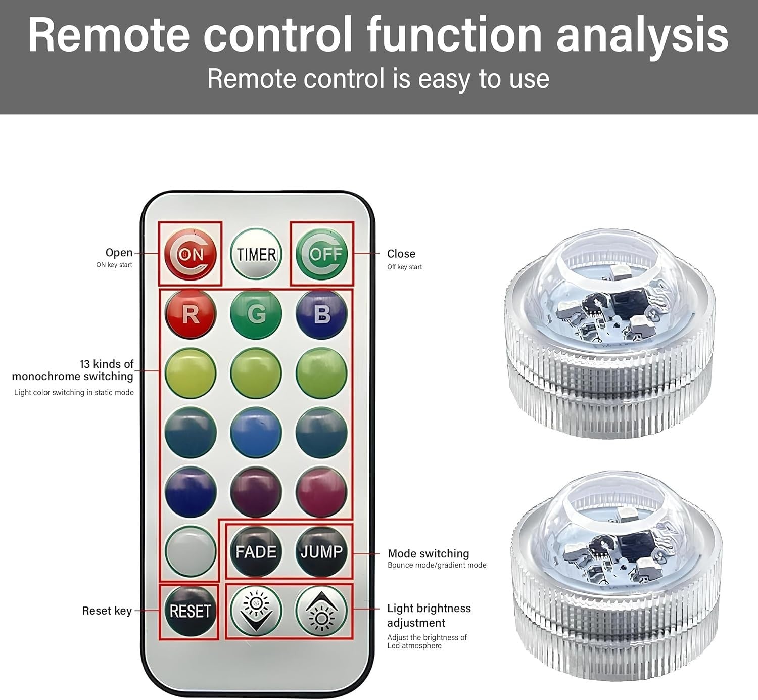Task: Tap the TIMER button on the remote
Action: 256,254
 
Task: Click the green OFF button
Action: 321,254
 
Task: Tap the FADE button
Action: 256,551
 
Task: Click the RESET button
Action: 190,611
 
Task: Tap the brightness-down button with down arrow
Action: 256,611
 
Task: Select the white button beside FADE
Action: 190,551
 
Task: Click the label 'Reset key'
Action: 107,611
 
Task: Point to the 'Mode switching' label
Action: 428,553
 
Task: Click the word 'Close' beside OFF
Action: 401,254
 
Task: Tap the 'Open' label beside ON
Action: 119,253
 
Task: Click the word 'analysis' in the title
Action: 642,35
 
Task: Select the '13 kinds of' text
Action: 107,364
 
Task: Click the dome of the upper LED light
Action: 610,283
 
